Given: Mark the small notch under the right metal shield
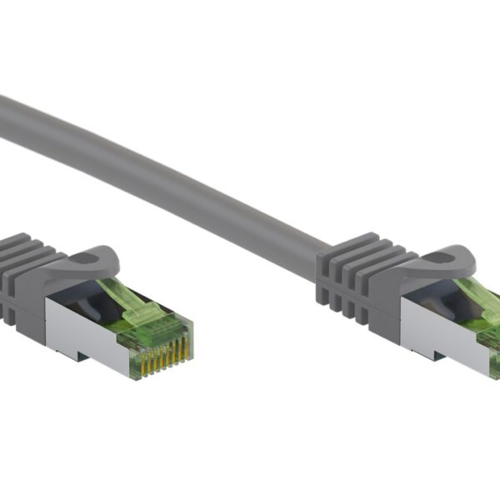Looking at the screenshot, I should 434,354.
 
